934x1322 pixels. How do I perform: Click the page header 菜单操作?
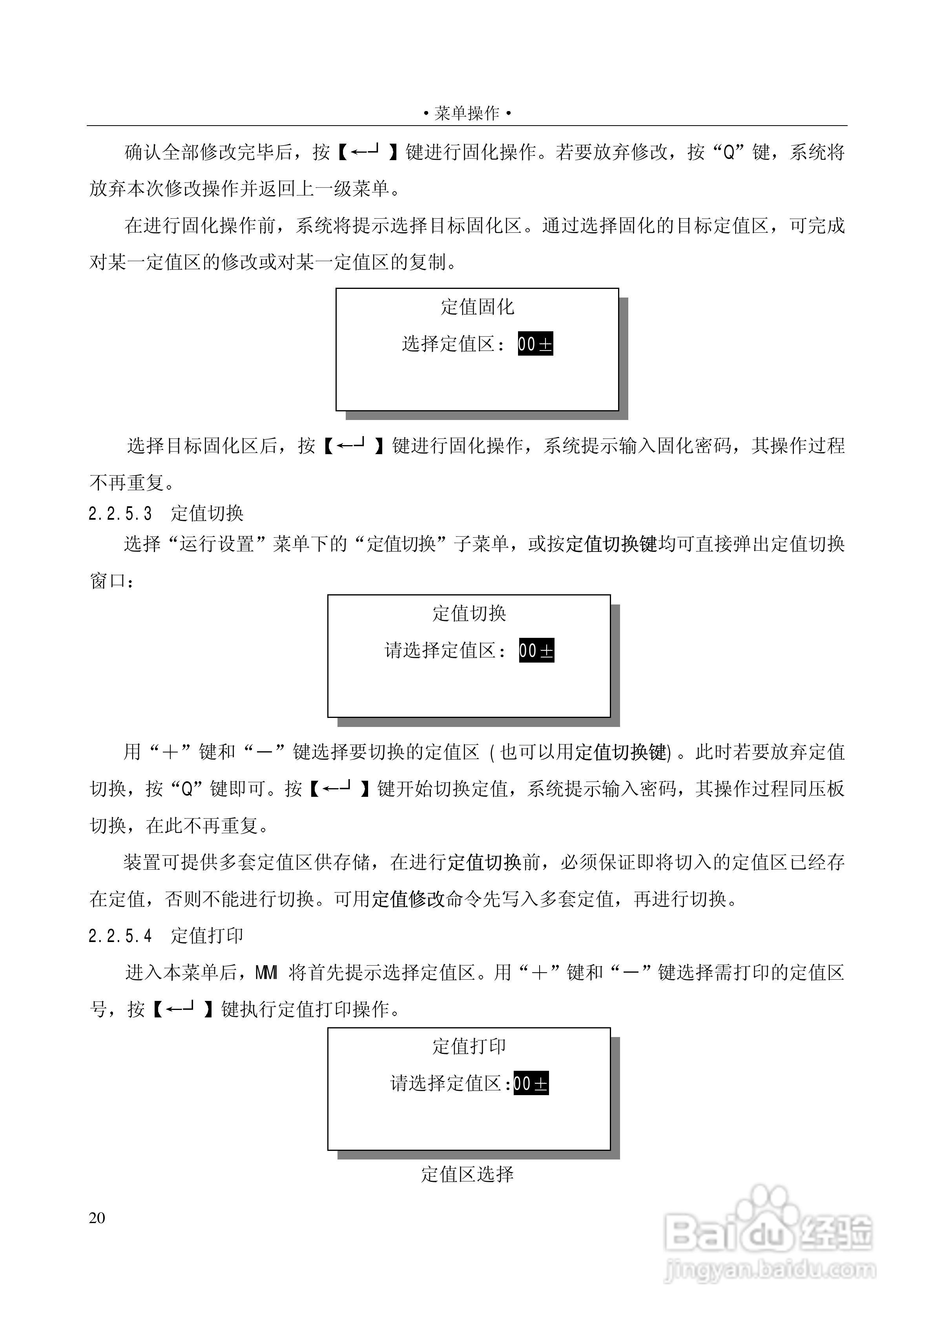click(467, 113)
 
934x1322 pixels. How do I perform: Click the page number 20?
click(97, 1218)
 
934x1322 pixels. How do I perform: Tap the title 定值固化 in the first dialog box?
click(477, 307)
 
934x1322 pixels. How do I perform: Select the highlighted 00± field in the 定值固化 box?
click(535, 344)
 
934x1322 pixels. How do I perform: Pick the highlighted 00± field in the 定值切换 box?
click(536, 651)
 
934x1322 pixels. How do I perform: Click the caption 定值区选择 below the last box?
click(467, 1174)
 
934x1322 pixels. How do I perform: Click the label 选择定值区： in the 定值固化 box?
click(453, 344)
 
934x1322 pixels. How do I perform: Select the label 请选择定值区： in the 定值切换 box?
click(445, 651)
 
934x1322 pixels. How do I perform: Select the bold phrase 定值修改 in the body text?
click(408, 899)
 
